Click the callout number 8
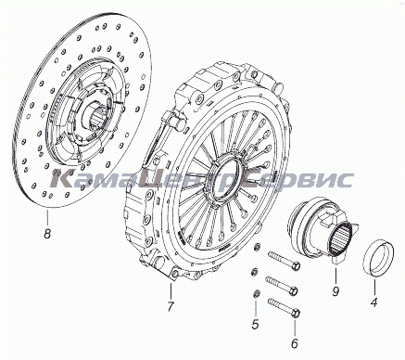(x=47, y=234)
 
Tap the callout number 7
(x=171, y=306)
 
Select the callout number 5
(x=255, y=325)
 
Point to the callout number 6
(x=294, y=342)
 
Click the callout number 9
(x=335, y=291)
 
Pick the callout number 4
(x=374, y=302)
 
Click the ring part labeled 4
(x=379, y=258)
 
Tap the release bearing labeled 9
(x=322, y=230)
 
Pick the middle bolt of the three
(x=282, y=286)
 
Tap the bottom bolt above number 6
(x=285, y=307)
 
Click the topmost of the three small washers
(x=256, y=247)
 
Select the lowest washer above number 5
(x=256, y=294)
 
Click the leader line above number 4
(x=374, y=285)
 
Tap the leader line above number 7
(x=171, y=291)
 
